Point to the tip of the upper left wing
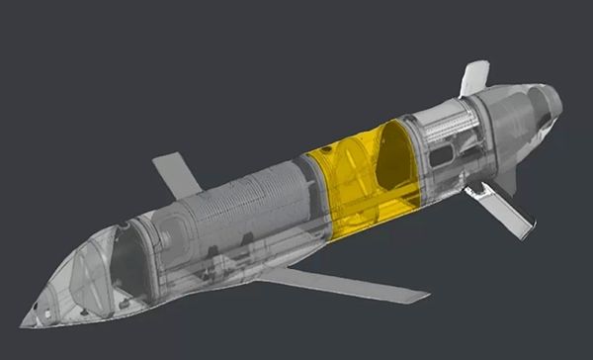[157, 158]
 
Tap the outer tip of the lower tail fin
[534, 228]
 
